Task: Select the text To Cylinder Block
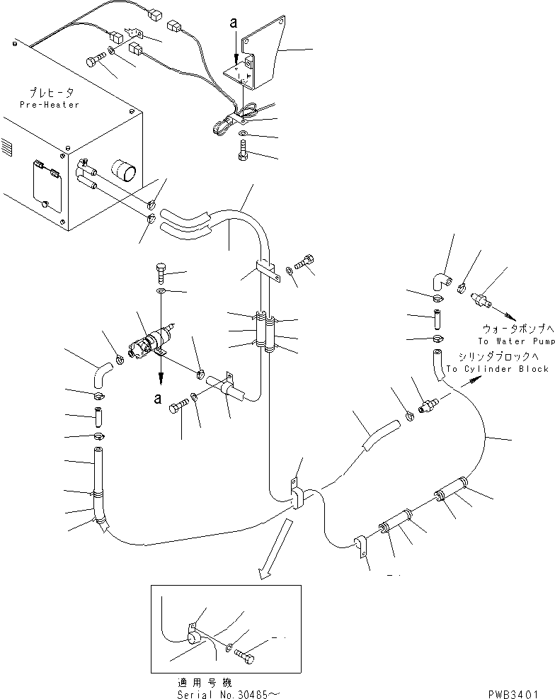[497, 369]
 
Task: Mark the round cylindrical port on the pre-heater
[125, 172]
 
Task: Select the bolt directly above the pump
[160, 271]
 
